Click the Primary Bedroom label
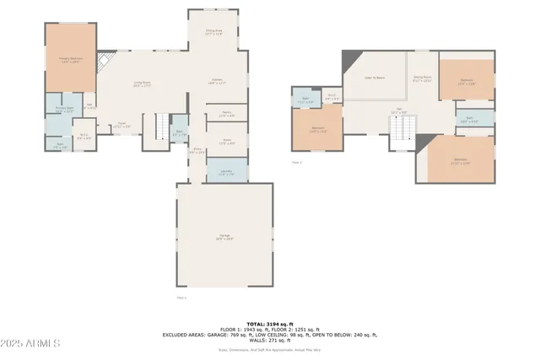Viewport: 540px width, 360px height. coord(69,60)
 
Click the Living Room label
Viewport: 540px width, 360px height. coord(141,83)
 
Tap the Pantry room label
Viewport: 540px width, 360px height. coord(226,114)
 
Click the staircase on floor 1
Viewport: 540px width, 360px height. coord(159,127)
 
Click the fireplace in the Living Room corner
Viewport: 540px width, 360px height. coord(104,63)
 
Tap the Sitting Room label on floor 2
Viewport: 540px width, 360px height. coord(422,78)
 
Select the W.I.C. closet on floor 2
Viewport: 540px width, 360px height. coord(332,96)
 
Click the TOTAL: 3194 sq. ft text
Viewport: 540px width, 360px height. coord(268,324)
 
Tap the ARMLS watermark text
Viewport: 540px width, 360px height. coord(31,343)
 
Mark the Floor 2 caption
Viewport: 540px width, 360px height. coord(296,161)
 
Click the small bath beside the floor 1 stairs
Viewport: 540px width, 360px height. coord(178,131)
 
